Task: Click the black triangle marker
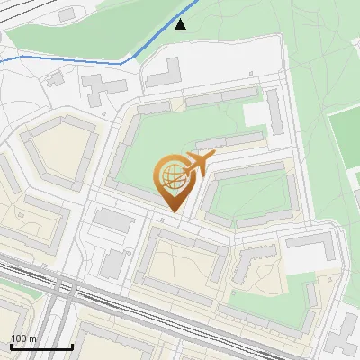181,24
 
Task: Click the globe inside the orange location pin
172,175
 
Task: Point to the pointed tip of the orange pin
173,211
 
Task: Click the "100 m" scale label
23,337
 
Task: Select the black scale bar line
41,346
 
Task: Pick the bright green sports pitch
346,144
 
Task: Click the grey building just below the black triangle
164,72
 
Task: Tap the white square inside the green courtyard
256,114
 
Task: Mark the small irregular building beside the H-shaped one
56,78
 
